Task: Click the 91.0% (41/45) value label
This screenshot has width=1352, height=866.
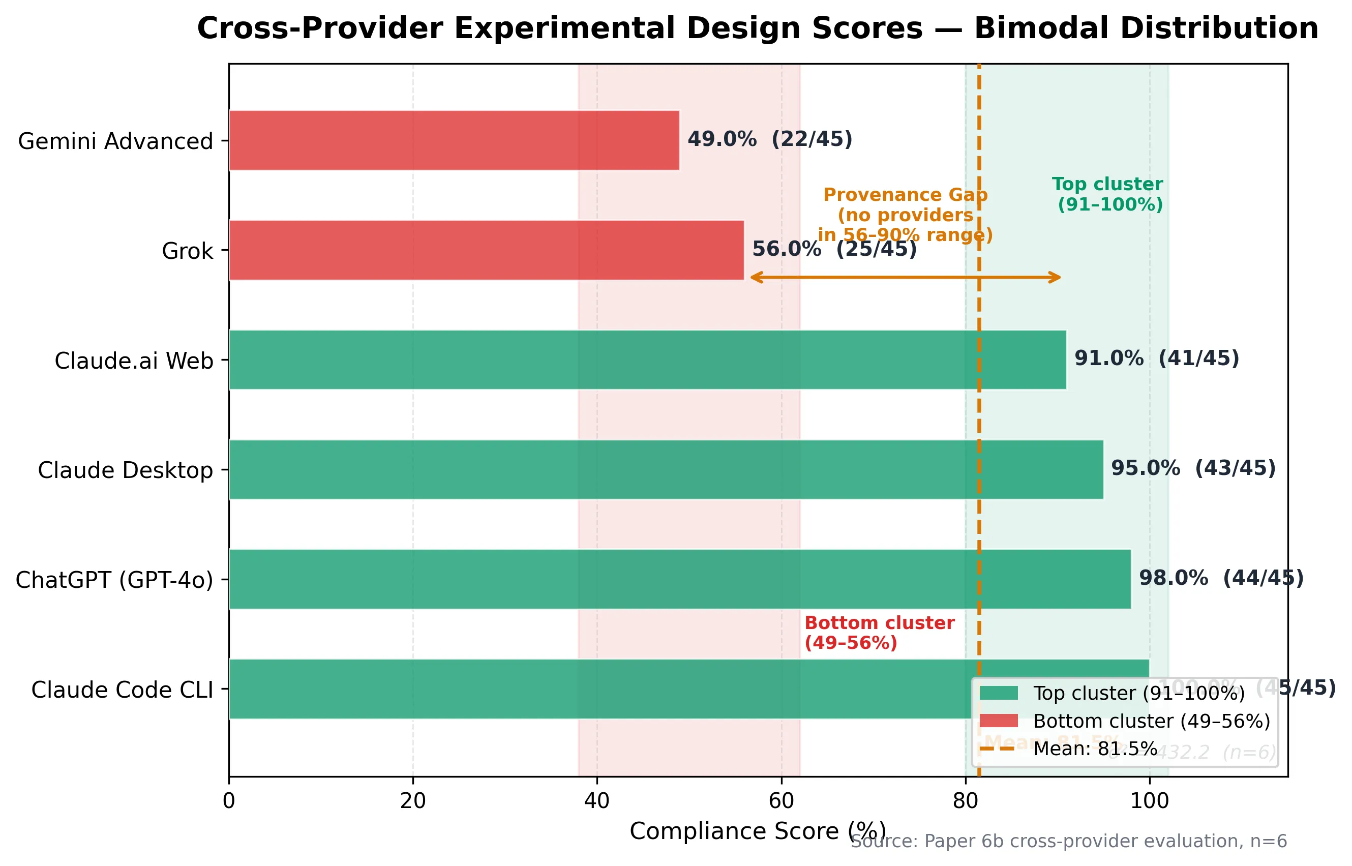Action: click(1156, 358)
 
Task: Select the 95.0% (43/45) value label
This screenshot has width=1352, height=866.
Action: click(1193, 468)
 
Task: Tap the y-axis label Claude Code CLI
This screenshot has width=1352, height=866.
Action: click(122, 690)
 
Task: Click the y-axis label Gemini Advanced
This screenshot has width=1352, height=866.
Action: click(115, 141)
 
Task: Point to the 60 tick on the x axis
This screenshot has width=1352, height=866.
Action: click(781, 801)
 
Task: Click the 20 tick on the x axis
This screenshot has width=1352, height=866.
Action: click(413, 801)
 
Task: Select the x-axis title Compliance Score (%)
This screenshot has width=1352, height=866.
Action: click(757, 831)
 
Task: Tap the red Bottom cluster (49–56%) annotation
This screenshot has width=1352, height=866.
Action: click(879, 633)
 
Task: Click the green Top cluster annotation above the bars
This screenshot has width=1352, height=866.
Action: click(1107, 194)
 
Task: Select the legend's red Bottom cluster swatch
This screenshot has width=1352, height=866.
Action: click(999, 721)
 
